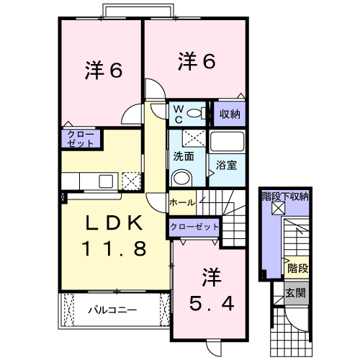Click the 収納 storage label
click(230, 114)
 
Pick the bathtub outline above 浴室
click(228, 142)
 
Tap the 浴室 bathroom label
click(228, 165)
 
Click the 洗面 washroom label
click(184, 156)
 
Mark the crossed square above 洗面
click(192, 138)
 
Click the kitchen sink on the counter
click(104, 181)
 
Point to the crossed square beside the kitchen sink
click(130, 180)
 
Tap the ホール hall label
click(181, 203)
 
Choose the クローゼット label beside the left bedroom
click(79, 138)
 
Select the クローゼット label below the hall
click(195, 227)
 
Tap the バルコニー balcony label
click(113, 312)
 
